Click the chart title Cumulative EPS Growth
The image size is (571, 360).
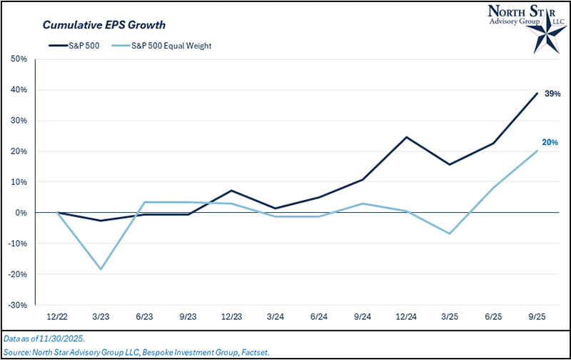[x=103, y=25]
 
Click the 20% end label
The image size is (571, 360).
[x=550, y=143]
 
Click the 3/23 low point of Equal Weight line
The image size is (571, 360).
[x=101, y=269]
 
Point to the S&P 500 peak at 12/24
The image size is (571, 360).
[x=407, y=137]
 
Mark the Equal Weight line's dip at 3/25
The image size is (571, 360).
[x=450, y=234]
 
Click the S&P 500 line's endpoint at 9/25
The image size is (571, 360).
[x=537, y=93]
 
